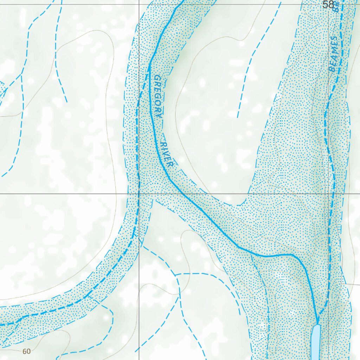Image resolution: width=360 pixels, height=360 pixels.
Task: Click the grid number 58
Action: point(328,5)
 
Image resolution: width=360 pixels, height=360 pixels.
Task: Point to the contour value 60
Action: point(26,351)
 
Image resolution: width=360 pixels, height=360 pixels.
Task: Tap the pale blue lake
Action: point(316,341)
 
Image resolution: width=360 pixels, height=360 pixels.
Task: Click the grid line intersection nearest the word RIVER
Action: point(139,194)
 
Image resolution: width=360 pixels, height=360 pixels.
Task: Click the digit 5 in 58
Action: point(326,5)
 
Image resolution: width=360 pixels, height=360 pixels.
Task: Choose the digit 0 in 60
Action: point(28,351)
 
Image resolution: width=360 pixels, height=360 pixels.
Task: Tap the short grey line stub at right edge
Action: point(350,284)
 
